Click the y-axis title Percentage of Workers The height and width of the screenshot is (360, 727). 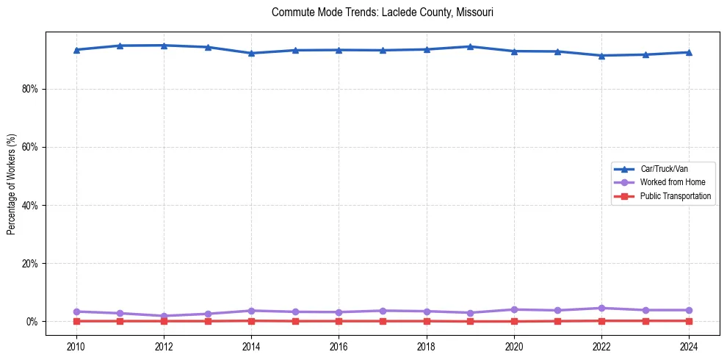point(12,184)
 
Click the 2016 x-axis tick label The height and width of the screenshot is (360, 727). point(339,345)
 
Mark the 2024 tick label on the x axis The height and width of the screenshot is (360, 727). point(689,345)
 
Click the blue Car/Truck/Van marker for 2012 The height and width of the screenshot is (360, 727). point(164,46)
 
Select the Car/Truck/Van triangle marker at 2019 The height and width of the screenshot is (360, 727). point(470,46)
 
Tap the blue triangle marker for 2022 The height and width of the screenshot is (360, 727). point(601,55)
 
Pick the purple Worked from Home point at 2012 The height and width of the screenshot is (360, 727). point(164,316)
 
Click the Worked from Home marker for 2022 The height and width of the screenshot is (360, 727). point(601,308)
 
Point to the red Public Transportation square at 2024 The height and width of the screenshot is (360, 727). point(689,320)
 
